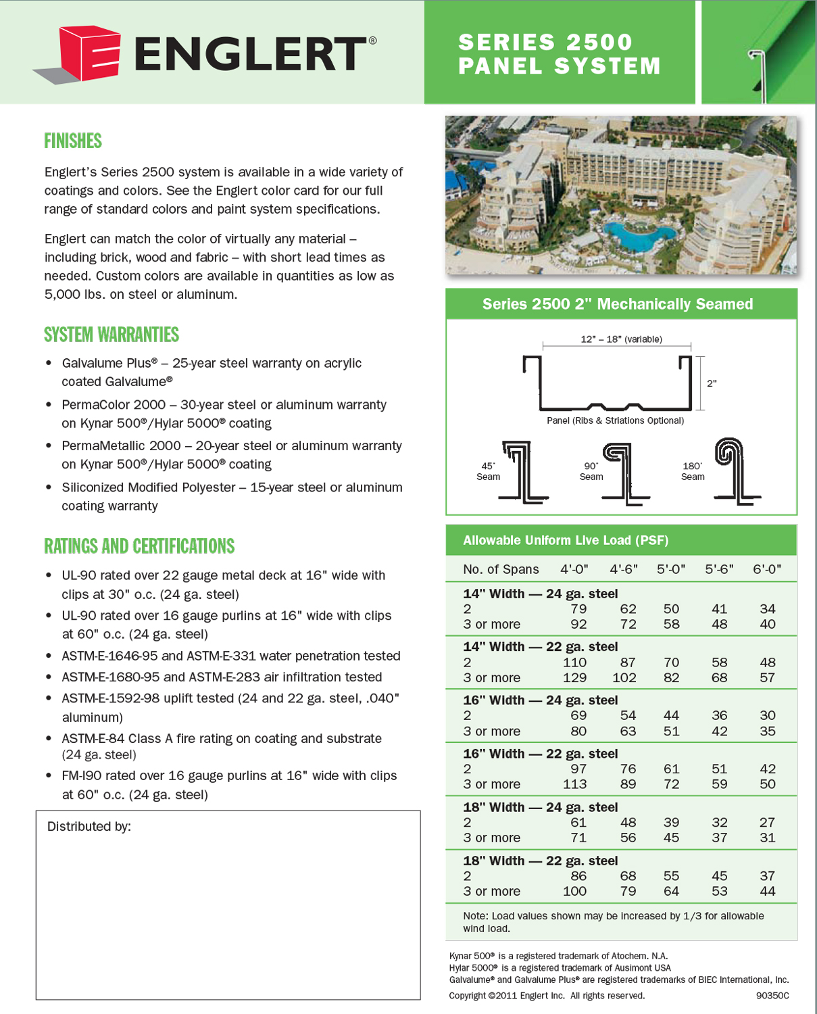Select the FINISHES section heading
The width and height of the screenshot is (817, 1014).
73,141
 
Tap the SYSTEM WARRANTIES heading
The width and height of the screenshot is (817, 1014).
112,335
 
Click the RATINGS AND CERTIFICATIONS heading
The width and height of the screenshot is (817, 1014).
139,546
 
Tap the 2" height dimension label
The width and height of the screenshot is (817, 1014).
712,383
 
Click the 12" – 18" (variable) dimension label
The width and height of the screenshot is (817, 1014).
621,339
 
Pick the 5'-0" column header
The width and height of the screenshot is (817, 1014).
671,569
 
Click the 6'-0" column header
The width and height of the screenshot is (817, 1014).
767,569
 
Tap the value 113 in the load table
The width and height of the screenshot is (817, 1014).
574,784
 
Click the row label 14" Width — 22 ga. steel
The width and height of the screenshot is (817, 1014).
540,647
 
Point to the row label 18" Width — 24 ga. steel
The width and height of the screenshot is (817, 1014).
540,807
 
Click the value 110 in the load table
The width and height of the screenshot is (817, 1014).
574,662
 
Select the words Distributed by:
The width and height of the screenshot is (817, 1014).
89,826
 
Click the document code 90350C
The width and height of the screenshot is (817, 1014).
772,995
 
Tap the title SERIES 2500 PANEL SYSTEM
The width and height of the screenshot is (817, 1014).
559,54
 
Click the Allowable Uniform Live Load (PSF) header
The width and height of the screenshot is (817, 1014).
566,540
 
